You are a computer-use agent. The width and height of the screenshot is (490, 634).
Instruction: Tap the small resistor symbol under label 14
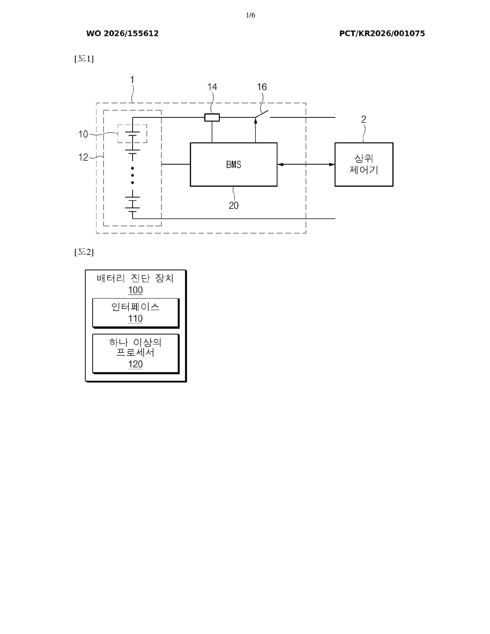tap(212, 117)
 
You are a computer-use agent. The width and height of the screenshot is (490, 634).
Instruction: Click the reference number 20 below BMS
tap(234, 206)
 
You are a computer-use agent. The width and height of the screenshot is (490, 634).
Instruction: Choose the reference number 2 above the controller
tap(364, 119)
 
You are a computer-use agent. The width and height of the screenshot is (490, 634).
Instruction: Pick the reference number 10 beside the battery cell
tap(83, 134)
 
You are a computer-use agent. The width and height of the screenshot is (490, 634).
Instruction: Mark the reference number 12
tap(83, 157)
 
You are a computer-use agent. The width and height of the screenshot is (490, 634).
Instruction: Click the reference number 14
tap(212, 87)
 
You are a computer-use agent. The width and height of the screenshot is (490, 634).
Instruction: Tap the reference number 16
tap(262, 87)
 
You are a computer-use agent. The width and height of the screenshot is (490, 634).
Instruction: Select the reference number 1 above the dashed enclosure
tap(132, 80)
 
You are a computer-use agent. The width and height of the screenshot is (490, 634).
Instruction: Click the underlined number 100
tap(135, 290)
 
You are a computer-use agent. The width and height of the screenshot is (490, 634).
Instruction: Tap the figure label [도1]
tap(84, 59)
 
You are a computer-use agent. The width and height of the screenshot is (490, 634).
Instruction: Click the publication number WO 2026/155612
tap(123, 33)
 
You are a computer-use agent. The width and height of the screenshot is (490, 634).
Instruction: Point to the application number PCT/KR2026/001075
tap(382, 33)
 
